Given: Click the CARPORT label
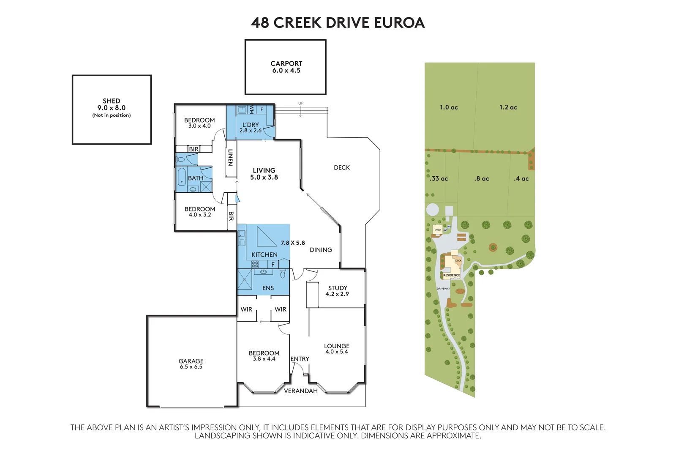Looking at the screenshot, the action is click(x=286, y=63).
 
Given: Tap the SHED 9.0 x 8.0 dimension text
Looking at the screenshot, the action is click(x=112, y=108).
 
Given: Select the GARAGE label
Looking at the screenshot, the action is click(x=191, y=361).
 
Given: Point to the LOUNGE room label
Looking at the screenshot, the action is click(x=337, y=346).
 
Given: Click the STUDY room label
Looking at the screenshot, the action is click(x=338, y=288).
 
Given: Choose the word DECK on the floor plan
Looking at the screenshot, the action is click(x=342, y=168).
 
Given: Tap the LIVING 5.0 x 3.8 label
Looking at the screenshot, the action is click(x=264, y=174).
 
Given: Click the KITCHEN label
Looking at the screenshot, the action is click(x=264, y=254).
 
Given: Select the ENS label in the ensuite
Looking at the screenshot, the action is click(x=268, y=288).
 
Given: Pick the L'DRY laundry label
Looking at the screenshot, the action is click(x=251, y=125).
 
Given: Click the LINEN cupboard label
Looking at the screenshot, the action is click(x=230, y=157).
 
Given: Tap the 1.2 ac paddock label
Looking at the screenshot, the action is click(x=508, y=107).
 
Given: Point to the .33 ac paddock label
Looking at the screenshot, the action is click(x=439, y=179).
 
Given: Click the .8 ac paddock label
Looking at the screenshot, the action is click(x=482, y=179).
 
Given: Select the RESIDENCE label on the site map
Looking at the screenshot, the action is click(x=452, y=275).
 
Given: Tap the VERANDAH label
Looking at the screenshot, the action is click(x=301, y=391).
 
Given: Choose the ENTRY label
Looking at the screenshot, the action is click(x=300, y=359).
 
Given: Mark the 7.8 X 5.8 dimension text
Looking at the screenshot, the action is click(x=293, y=243).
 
